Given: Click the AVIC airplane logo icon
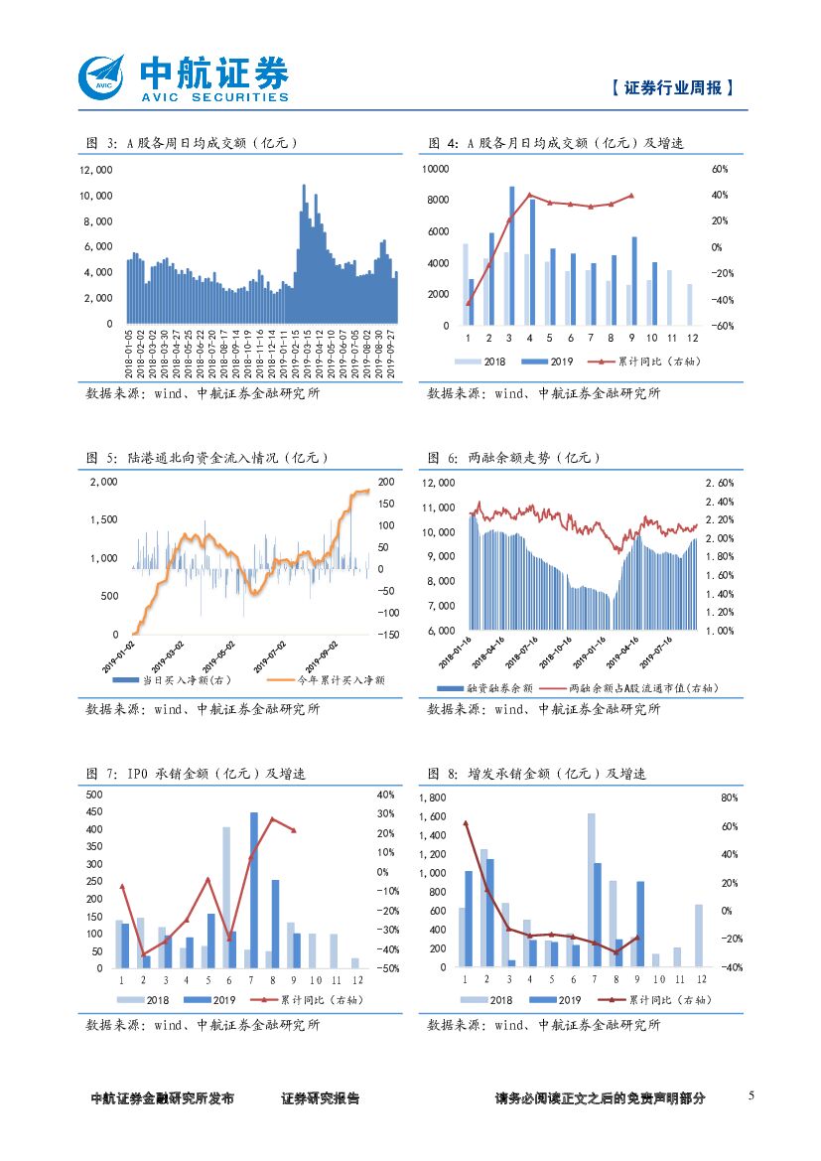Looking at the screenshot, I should click(x=102, y=76).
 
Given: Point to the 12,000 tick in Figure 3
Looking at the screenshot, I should click(x=96, y=170).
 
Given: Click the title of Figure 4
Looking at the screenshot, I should click(x=556, y=144).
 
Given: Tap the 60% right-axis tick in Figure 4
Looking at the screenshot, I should click(x=720, y=170).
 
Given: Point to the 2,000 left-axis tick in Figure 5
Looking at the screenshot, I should click(x=103, y=482).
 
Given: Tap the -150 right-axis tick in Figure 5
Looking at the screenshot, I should click(x=386, y=634).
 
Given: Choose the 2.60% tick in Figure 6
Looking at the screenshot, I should click(x=720, y=483).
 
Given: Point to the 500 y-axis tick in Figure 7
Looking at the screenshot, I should click(x=94, y=796).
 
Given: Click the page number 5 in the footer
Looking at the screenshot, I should click(x=751, y=1095).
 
